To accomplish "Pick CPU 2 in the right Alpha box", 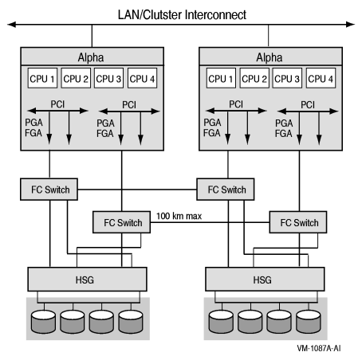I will pos(252,78).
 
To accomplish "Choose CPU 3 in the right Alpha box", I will pos(285,78).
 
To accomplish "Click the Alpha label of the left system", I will pos(92,57).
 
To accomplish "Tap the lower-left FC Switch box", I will pos(120,222).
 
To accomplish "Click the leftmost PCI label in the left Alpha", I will pos(56,104).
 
